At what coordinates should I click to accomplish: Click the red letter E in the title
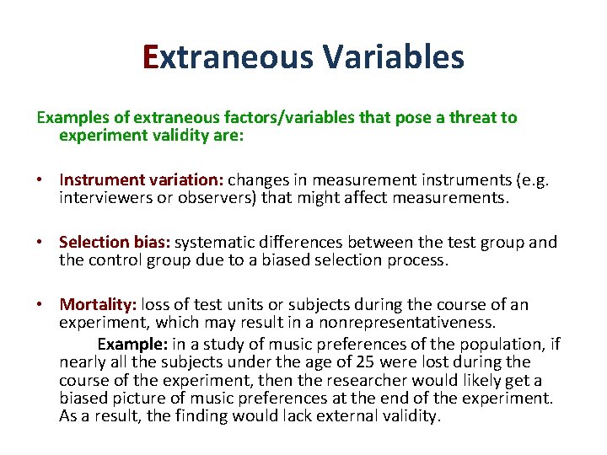151,57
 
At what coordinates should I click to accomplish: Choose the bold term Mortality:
98,305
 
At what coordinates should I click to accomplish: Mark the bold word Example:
132,344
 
